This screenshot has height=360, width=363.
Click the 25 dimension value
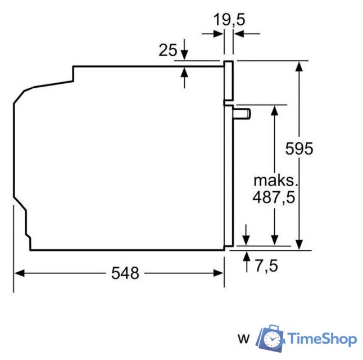click(167, 51)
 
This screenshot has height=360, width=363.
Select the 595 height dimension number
click(298, 148)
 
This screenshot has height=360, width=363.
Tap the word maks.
click(274, 181)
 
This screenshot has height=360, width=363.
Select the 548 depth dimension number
click(125, 273)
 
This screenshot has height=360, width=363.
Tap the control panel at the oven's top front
click(229, 82)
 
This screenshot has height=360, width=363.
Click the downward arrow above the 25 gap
click(185, 56)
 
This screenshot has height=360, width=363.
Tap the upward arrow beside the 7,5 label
click(246, 257)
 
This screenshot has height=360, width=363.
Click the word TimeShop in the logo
click(322, 339)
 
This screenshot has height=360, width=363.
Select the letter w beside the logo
click(243, 339)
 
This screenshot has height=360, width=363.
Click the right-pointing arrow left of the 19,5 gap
click(218, 34)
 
